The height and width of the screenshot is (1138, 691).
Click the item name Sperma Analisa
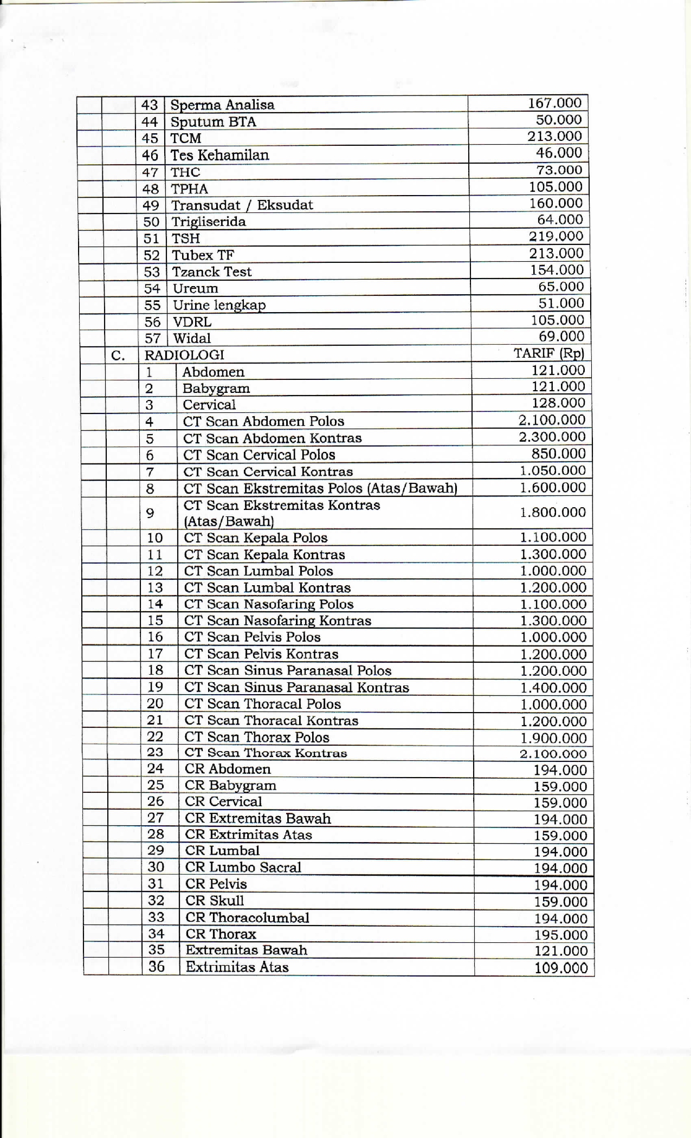pos(222,105)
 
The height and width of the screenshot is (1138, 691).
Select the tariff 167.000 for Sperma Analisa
pos(554,103)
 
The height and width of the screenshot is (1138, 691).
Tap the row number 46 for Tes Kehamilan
pos(150,156)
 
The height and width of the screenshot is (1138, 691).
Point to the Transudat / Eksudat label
pos(242,205)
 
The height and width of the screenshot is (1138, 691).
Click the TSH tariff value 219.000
pos(556,236)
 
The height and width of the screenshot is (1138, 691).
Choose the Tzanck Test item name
pos(211,271)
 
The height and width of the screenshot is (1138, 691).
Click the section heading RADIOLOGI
pos(184,355)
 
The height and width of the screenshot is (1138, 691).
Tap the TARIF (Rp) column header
pos(548,353)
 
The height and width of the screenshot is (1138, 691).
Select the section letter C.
pos(118,356)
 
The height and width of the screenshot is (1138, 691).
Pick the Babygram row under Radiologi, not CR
pos(216,389)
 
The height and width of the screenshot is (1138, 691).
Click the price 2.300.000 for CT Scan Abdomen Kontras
pos(552,437)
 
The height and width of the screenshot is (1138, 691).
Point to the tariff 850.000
pos(559,454)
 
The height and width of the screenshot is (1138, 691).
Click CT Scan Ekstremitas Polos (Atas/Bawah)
pos(320,488)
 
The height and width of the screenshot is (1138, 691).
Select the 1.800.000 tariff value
pos(553,512)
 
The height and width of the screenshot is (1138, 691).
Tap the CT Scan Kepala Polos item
pos(256,538)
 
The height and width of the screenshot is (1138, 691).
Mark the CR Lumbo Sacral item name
pos(243,867)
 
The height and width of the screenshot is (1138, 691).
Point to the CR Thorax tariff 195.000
pos(561,935)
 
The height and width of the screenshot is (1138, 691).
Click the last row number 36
pos(156,966)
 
